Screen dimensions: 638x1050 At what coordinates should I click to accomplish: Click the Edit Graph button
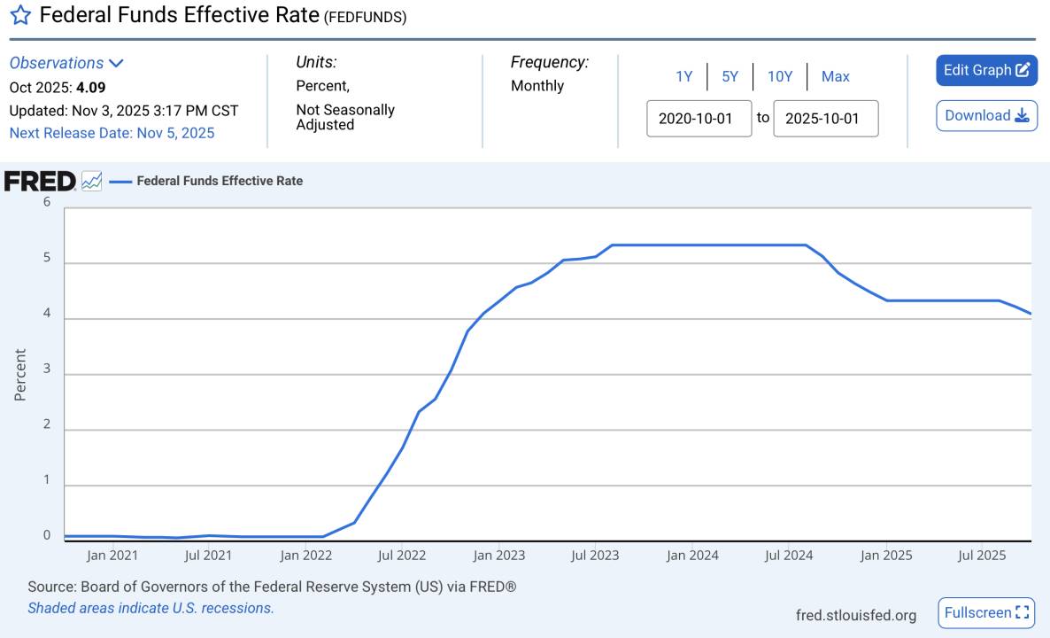coord(986,70)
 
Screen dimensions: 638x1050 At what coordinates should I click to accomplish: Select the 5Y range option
coord(730,76)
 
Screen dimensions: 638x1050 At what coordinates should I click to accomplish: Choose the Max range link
coord(835,76)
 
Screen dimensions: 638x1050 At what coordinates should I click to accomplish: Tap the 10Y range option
coord(779,76)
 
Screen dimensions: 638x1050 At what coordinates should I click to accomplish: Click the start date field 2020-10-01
coord(699,119)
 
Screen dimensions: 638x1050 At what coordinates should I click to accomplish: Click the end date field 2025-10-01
coord(825,119)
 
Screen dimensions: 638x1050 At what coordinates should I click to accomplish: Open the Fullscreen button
coord(986,612)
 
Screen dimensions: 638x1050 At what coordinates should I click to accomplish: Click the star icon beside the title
coord(20,15)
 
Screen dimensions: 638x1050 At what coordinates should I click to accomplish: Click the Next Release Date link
coord(112,133)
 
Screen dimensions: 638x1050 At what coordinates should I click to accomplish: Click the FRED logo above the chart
coord(41,181)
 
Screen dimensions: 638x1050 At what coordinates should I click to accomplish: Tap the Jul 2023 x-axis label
coord(595,556)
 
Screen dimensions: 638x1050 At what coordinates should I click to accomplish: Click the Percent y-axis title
coord(20,374)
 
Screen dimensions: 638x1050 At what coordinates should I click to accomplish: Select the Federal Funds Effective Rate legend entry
coord(219,181)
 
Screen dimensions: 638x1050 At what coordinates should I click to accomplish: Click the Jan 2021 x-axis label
coord(112,556)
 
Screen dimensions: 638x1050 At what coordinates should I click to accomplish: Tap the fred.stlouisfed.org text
coord(856,614)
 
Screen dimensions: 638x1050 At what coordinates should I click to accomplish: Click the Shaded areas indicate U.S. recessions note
coord(151,608)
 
